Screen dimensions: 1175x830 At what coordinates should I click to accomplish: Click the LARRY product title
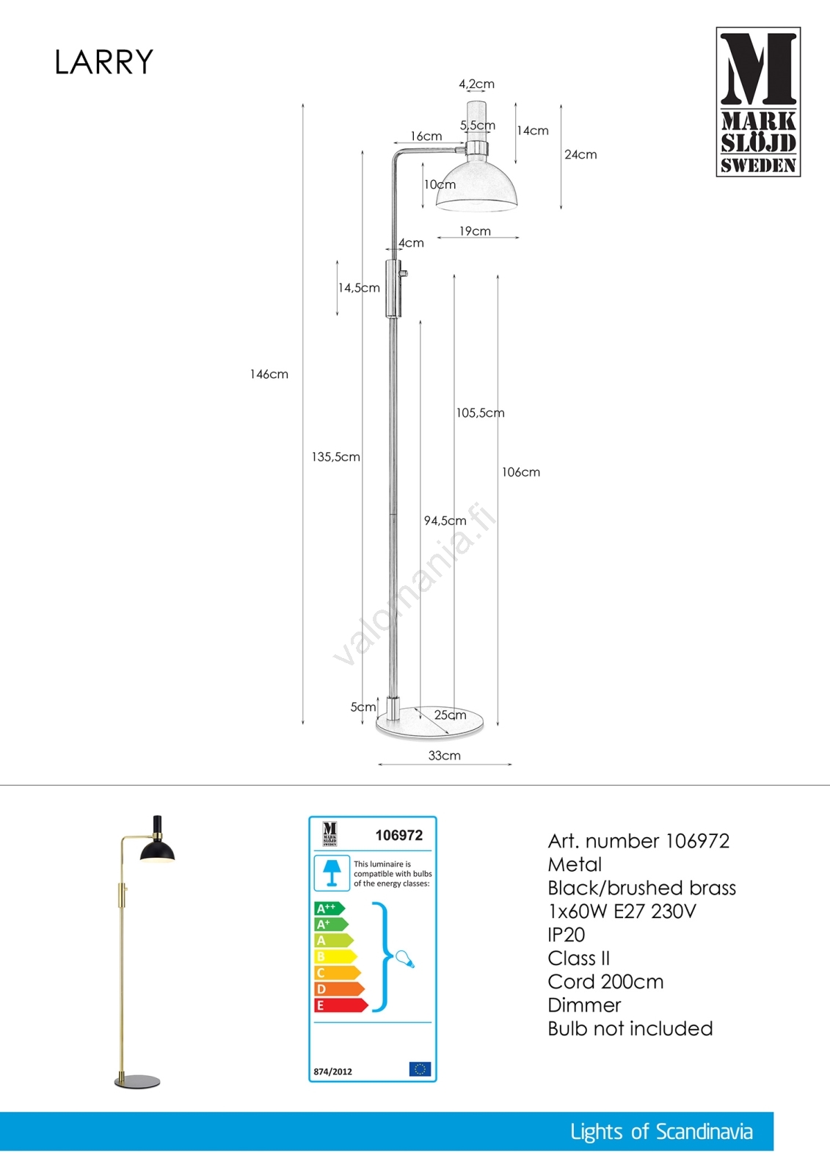[x=103, y=62]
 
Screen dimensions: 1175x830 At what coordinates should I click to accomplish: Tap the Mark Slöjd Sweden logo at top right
[x=758, y=102]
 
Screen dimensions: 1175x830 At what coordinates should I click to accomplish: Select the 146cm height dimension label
[x=269, y=375]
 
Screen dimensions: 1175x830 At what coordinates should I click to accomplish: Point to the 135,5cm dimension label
[x=335, y=457]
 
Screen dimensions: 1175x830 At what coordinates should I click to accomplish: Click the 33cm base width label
[x=444, y=756]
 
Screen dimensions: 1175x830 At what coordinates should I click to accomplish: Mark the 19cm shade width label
[x=475, y=231]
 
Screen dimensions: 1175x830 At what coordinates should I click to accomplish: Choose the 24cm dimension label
[x=580, y=154]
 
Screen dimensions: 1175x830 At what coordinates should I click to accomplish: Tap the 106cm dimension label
[x=520, y=472]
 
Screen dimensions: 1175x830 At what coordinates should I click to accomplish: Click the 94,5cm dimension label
[x=445, y=521]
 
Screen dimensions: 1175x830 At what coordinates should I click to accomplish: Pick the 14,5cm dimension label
[x=359, y=288]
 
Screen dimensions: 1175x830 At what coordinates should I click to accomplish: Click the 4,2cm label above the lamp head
[x=476, y=84]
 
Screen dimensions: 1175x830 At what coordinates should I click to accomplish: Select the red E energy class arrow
[x=340, y=1005]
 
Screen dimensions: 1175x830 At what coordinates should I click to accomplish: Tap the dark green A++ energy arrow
[x=329, y=908]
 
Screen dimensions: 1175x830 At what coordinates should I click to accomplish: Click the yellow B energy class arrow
[x=335, y=957]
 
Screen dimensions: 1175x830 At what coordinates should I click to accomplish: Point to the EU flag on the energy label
[x=420, y=1069]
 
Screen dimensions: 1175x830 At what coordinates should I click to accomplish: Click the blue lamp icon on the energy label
[x=332, y=872]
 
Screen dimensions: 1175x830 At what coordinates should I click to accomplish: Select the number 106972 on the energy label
[x=398, y=836]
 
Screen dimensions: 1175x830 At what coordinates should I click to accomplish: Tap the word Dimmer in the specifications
[x=584, y=1005]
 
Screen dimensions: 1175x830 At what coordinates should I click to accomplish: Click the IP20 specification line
[x=566, y=935]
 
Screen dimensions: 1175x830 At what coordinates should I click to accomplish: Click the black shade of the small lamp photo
[x=158, y=851]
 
